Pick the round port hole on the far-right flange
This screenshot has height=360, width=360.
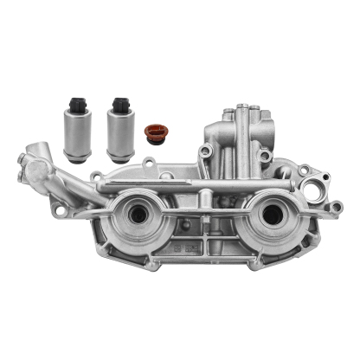pos(325,188)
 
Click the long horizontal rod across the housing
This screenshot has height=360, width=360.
pos(199,185)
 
